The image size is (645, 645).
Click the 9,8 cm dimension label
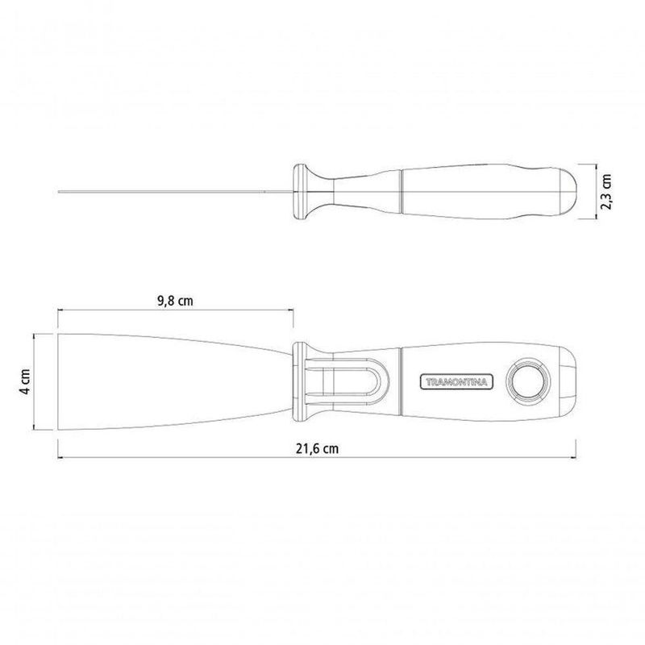pyautogui.click(x=175, y=301)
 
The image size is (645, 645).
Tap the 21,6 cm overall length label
pyautogui.click(x=318, y=448)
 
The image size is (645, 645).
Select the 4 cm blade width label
pyautogui.click(x=25, y=381)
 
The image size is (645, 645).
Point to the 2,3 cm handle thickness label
pyautogui.click(x=607, y=192)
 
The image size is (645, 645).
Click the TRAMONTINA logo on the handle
pyautogui.click(x=456, y=381)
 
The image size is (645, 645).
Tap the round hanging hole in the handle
pyautogui.click(x=528, y=381)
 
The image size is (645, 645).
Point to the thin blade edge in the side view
pyautogui.click(x=175, y=192)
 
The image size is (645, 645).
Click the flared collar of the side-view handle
pyautogui.click(x=313, y=192)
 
